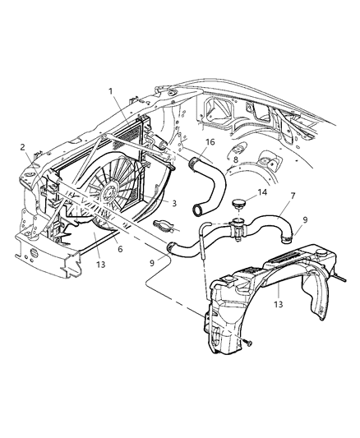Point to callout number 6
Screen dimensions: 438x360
click(x=120, y=246)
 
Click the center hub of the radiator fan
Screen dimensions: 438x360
click(x=107, y=195)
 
